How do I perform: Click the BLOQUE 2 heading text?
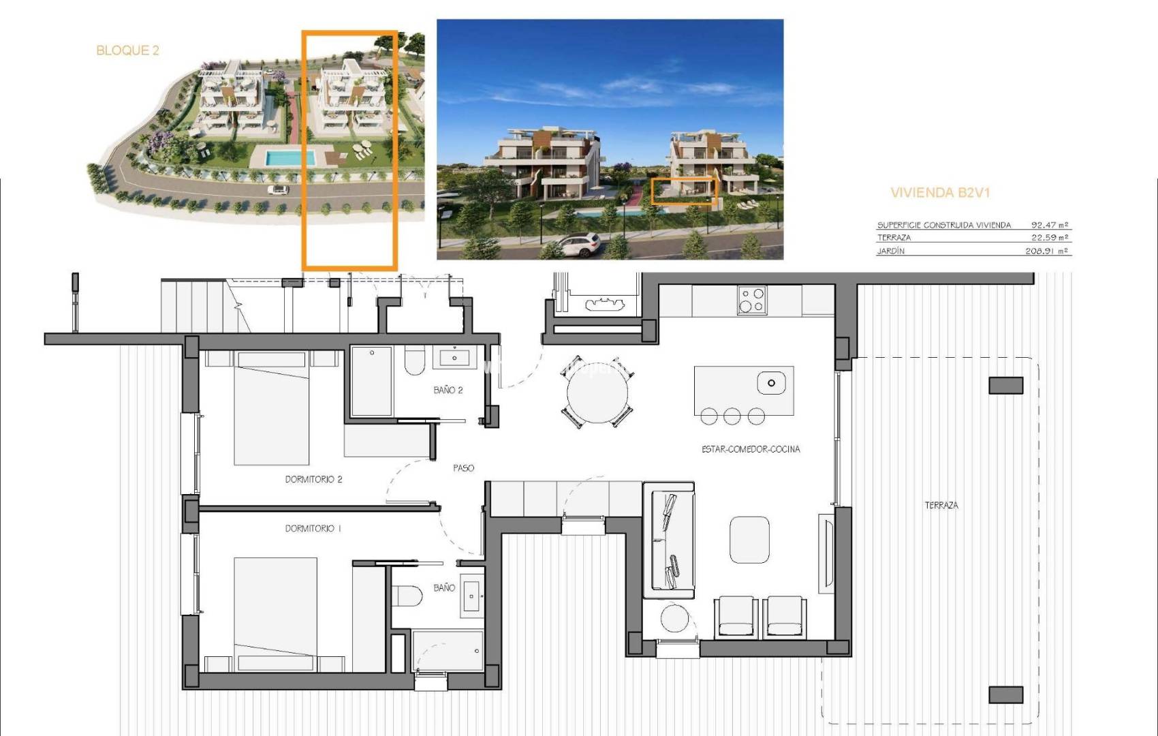click(x=127, y=50)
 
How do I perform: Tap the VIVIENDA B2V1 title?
click(x=940, y=193)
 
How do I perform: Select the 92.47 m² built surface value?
click(x=1050, y=225)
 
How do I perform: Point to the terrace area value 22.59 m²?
click(x=1050, y=238)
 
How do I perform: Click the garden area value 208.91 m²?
click(x=1047, y=251)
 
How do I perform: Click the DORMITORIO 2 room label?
click(x=313, y=479)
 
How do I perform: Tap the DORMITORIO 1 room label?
click(x=313, y=528)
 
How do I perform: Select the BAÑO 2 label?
click(x=448, y=390)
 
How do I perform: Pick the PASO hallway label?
click(x=463, y=468)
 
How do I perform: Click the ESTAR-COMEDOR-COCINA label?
click(x=751, y=449)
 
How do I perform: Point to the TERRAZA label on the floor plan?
click(x=941, y=505)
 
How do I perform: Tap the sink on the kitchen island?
click(x=771, y=383)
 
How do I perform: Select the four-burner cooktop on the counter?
click(x=751, y=300)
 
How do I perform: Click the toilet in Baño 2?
click(x=414, y=361)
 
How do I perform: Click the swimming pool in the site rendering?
click(x=290, y=158)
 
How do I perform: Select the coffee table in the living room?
click(x=749, y=539)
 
